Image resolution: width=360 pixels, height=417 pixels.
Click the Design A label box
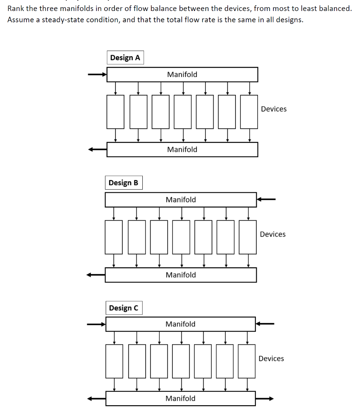125,58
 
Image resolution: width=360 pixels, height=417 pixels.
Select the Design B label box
123,183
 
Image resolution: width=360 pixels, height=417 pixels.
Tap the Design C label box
124,308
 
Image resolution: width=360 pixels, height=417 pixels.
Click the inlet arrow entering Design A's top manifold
98,75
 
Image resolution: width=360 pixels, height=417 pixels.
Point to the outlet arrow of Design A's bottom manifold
98,149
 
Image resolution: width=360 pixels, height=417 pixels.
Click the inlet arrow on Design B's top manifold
266,200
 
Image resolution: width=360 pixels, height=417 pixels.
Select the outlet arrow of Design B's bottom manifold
96,275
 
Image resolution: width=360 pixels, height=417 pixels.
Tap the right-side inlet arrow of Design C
265,324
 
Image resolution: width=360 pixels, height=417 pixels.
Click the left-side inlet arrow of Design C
97,325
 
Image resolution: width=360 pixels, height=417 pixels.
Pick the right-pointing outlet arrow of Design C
265,399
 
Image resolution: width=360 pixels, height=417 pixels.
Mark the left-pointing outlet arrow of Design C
97,399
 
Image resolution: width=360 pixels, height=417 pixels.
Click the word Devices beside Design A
274,109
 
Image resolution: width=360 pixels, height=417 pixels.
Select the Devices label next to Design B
273,234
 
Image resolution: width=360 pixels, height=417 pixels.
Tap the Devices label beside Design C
271,359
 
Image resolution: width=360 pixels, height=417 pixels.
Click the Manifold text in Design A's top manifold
182,75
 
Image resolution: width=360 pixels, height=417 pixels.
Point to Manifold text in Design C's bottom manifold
181,399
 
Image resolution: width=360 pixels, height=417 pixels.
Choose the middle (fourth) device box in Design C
181,361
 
